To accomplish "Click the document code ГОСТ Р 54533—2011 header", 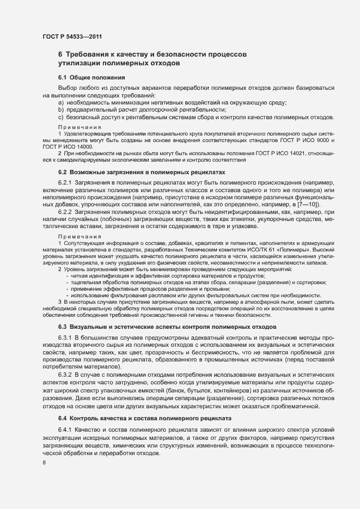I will (x=72, y=36).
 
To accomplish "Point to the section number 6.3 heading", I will (x=62, y=326).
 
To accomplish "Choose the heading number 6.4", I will (x=62, y=418).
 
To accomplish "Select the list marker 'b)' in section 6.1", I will (x=61, y=110).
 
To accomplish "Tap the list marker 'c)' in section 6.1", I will (x=61, y=117).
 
